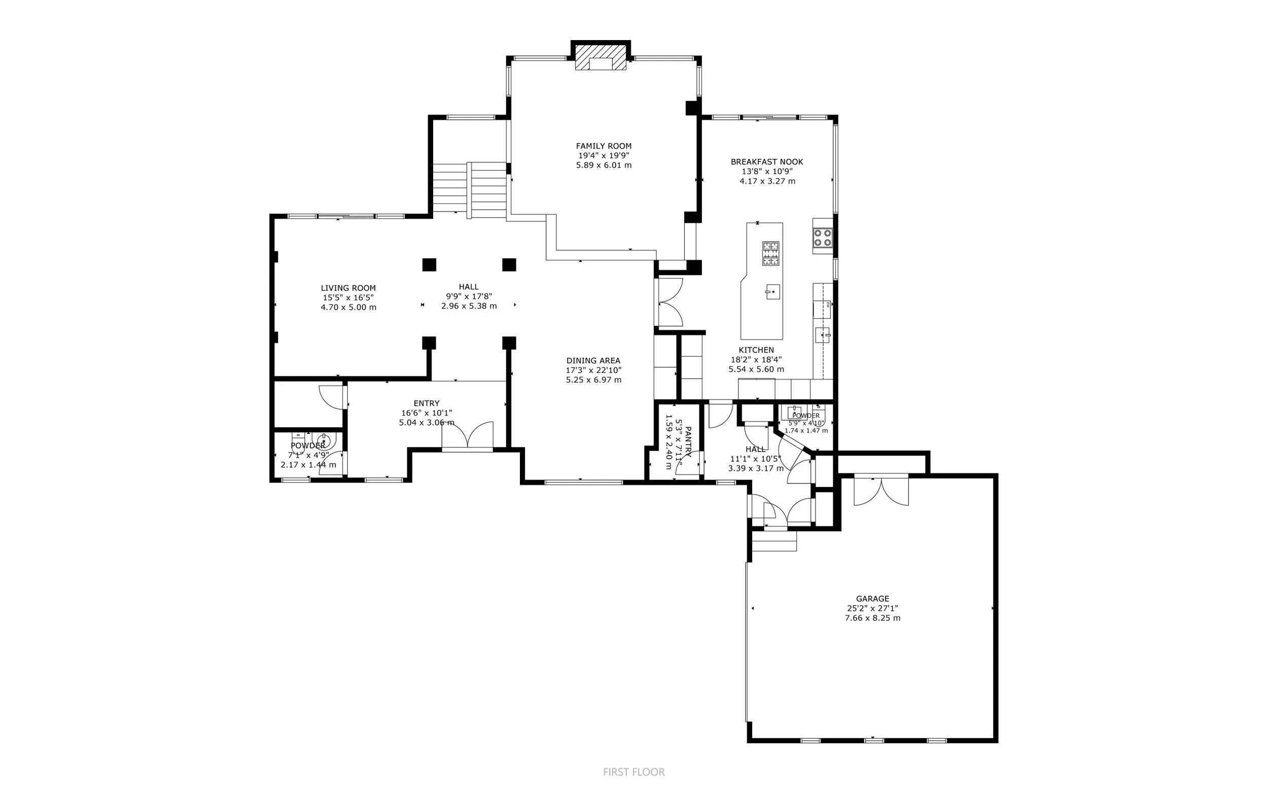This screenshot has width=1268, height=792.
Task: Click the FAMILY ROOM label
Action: point(604,146)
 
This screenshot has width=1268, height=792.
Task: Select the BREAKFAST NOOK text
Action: point(766,162)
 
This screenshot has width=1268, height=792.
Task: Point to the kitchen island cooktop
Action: point(770,253)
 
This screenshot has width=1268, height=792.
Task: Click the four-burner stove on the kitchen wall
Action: point(823,237)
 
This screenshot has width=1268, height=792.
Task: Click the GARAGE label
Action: point(872,599)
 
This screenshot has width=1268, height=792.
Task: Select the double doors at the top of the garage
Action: point(881,490)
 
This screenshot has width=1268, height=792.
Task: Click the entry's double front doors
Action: point(468,435)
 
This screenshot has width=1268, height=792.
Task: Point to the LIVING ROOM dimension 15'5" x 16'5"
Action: point(348,297)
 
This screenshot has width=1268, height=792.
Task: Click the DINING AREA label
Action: point(593,360)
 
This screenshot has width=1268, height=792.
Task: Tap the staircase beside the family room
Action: point(470,190)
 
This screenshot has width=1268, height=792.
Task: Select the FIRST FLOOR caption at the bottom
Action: point(633,772)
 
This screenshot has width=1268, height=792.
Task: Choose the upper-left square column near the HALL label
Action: point(429,264)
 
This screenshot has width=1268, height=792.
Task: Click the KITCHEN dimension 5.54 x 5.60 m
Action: point(756,369)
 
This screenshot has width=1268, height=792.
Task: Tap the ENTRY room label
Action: point(426,403)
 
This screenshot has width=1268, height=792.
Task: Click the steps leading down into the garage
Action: point(774,541)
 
